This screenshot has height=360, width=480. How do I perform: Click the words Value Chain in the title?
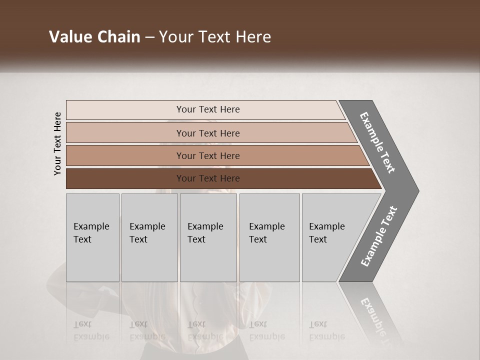(x=94, y=37)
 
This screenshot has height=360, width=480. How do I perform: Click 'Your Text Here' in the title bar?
(x=215, y=37)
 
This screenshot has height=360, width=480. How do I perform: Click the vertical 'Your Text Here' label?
(x=57, y=143)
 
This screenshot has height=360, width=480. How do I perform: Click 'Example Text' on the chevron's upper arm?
(x=377, y=142)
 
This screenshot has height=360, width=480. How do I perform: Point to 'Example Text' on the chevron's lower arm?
(x=379, y=236)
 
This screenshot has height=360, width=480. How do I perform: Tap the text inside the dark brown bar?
(x=208, y=178)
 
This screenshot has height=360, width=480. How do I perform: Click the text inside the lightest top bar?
(x=208, y=109)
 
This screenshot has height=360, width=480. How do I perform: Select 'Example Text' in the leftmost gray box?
(x=91, y=232)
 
